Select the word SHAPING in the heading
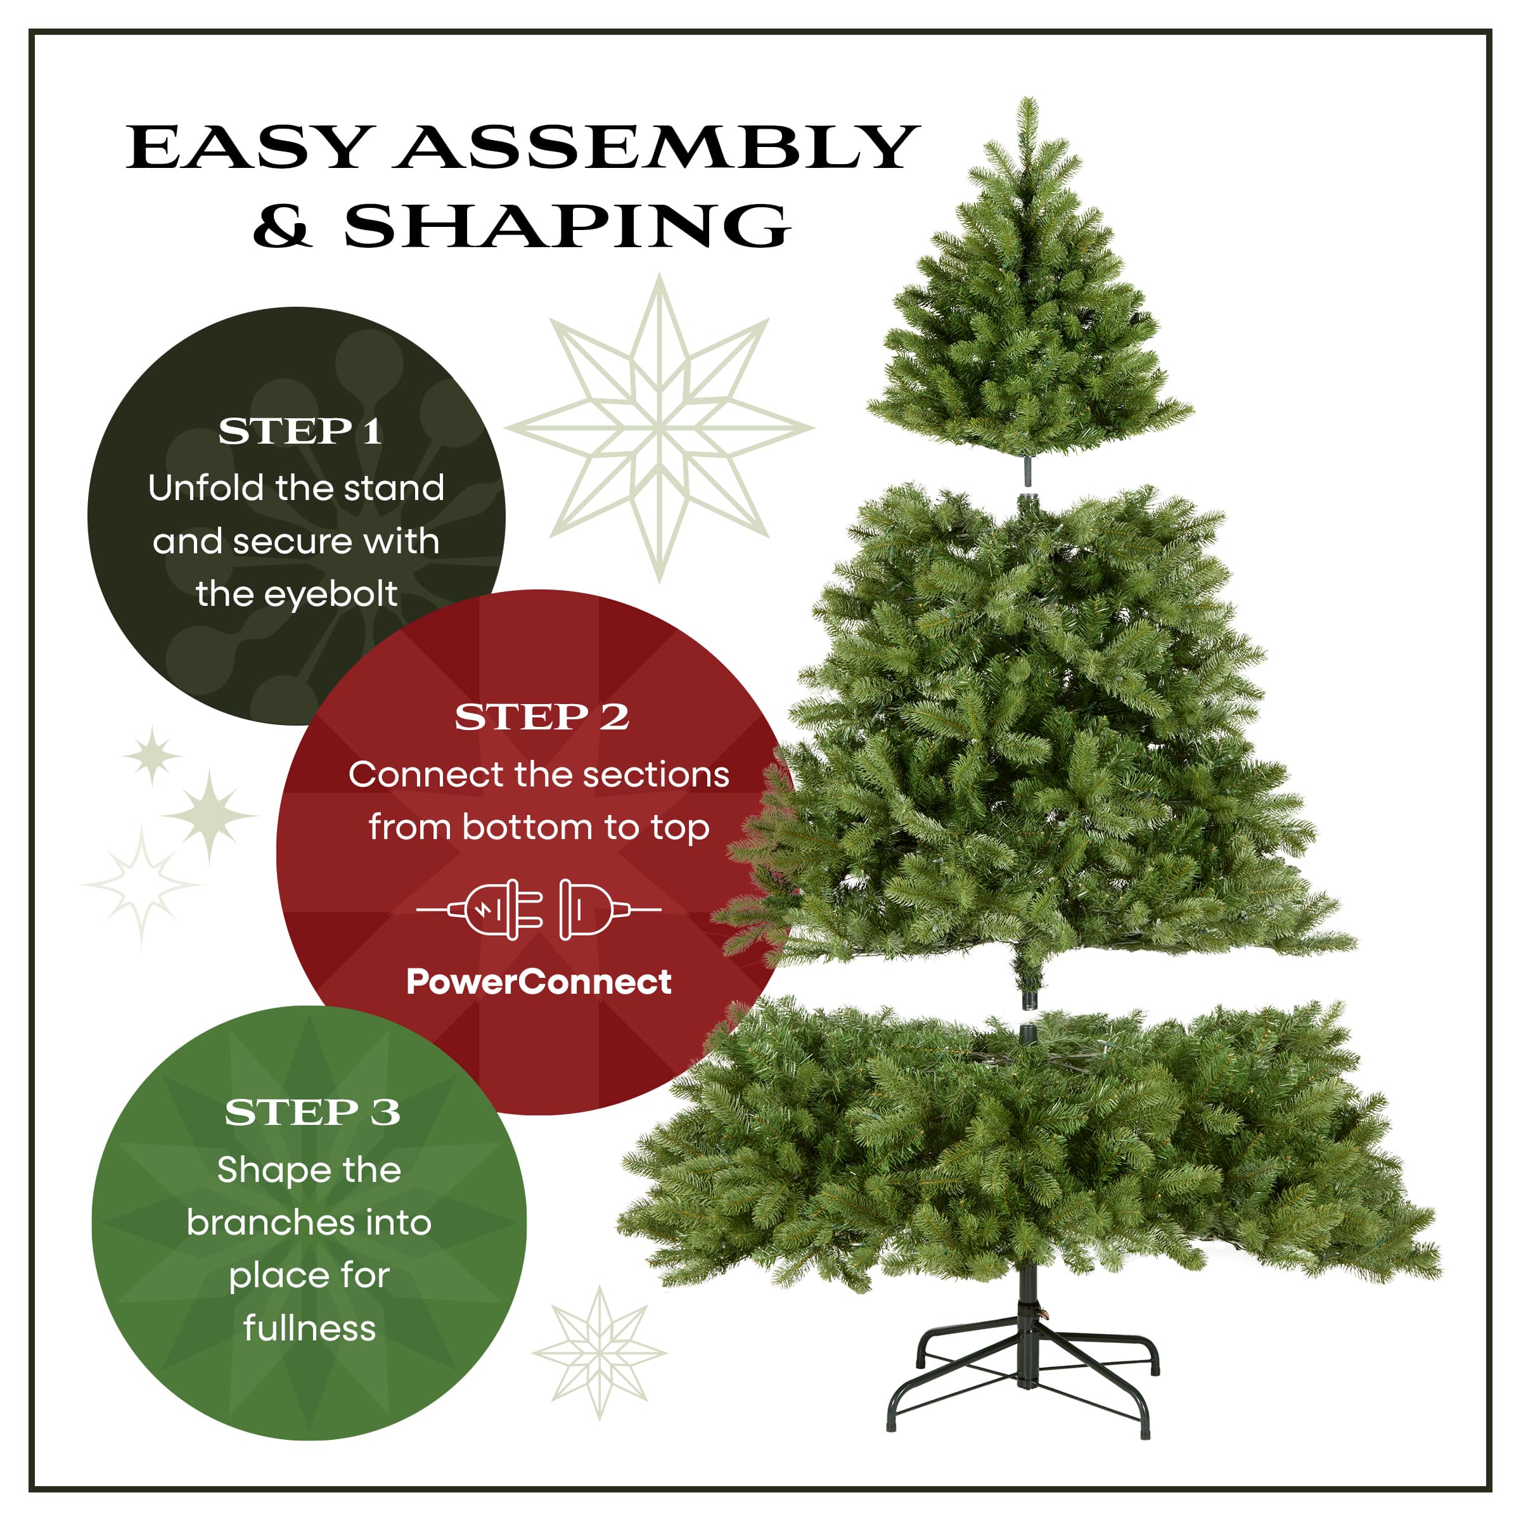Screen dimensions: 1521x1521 [x=567, y=226]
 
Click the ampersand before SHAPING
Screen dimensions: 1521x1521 [x=282, y=226]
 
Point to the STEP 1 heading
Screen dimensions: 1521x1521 [x=300, y=432]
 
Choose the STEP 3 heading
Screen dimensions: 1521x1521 [x=312, y=1112]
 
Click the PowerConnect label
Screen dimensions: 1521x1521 [x=539, y=982]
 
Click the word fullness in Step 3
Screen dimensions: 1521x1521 [x=309, y=1328]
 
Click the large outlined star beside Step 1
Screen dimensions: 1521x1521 [x=660, y=428]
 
